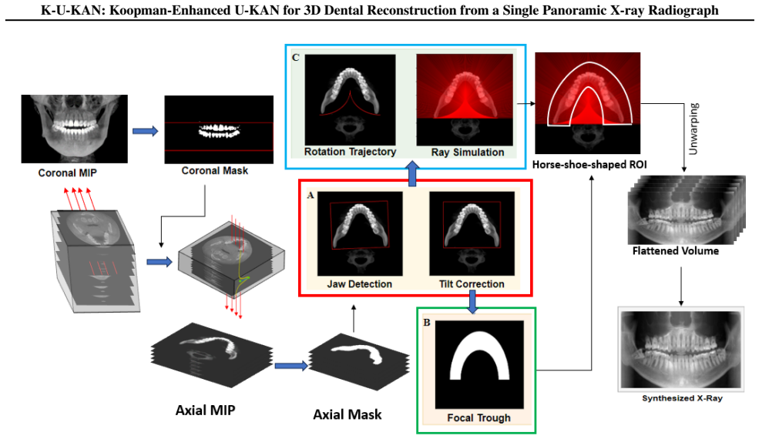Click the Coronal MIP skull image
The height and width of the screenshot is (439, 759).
pos(75,129)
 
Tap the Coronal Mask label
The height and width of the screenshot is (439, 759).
pos(214,171)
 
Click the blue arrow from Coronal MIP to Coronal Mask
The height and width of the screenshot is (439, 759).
pos(145,131)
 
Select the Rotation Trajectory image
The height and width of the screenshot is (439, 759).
pos(350,99)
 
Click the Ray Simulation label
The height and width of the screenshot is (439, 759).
pos(468,152)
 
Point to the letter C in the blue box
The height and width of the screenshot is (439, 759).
pos(296,58)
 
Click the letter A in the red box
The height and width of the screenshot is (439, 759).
pos(311,195)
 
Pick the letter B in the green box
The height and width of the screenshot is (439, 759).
pos(426,323)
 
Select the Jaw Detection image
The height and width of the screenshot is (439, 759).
pos(360,234)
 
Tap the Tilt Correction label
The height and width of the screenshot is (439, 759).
pos(472,284)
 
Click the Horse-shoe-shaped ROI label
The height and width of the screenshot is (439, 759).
pos(589,165)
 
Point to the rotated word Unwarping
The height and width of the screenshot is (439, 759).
pos(694,129)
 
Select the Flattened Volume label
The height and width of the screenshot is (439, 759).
pos(675,251)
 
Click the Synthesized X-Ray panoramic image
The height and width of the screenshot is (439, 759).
pos(681,349)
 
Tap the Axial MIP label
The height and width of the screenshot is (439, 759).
pos(205,411)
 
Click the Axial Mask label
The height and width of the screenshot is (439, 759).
pos(347,415)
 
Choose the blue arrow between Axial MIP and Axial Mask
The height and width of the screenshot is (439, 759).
pos(291,366)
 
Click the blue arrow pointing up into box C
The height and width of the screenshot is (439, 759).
pos(412,174)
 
